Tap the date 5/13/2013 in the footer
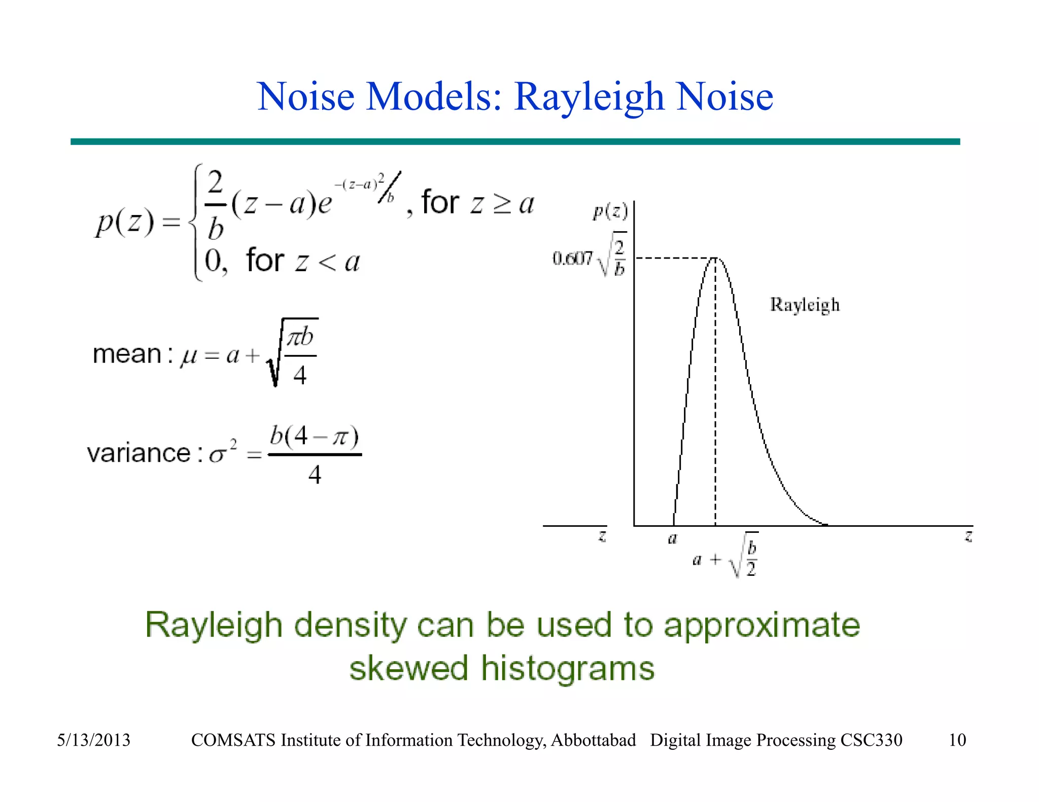[x=93, y=740]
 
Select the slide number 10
[x=957, y=740]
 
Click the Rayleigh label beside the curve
[x=805, y=305]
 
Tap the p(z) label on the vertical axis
[x=610, y=211]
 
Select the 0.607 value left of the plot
[x=572, y=259]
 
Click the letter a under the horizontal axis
[x=672, y=539]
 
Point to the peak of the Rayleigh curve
[x=715, y=258]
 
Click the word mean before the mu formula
[x=127, y=354]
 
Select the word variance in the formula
[x=138, y=453]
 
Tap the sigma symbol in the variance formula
[x=217, y=455]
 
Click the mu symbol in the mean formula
[x=189, y=356]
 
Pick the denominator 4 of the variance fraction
[x=315, y=475]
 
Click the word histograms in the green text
[x=567, y=668]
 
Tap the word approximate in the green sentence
[x=762, y=625]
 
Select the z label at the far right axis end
[x=968, y=536]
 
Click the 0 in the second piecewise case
[x=213, y=261]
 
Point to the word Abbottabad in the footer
[x=593, y=740]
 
